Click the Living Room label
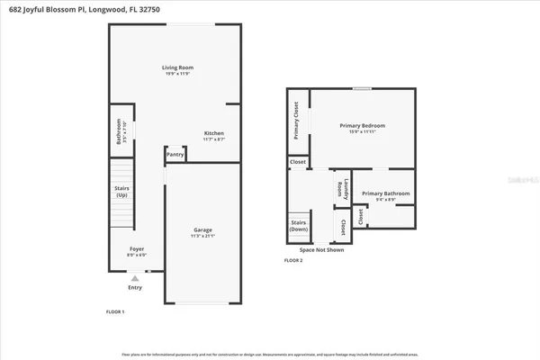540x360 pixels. point(177,67)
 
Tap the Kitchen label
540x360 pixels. point(213,133)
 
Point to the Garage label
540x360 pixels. point(202,229)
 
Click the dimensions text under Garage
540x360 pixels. point(202,236)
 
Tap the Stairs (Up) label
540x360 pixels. point(121,191)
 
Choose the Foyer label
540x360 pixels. point(136,247)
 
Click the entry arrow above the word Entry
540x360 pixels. point(136,278)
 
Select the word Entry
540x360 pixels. point(136,288)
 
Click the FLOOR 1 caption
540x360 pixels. point(115,311)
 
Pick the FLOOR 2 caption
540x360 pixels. point(293,260)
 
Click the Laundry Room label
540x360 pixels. point(340,188)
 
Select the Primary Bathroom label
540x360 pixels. point(386,193)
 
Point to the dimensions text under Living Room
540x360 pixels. point(177,74)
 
